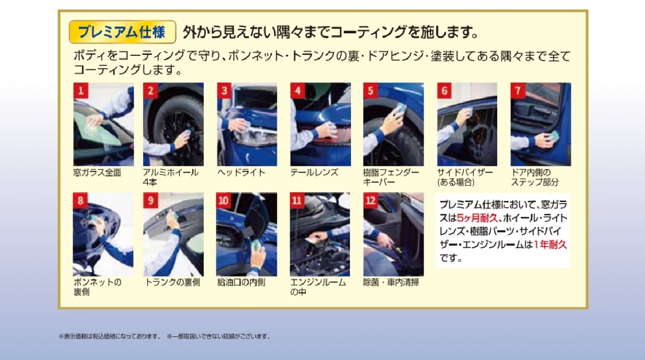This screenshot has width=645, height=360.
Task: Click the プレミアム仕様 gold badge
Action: tap(123, 32)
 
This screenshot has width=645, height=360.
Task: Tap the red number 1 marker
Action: tap(81, 91)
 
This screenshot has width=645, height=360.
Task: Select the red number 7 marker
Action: tap(518, 91)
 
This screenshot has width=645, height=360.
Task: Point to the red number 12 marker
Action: tap(370, 200)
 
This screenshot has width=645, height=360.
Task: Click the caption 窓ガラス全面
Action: tap(97, 172)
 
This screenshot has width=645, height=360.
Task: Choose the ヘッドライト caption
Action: tap(241, 172)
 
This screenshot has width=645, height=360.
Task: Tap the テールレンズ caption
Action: tap(314, 172)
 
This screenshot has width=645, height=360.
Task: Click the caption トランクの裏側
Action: tap(172, 282)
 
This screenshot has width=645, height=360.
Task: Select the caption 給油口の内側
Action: tap(241, 282)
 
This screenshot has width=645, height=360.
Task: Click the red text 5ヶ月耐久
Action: tap(477, 218)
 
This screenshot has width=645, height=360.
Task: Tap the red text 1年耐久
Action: tap(550, 244)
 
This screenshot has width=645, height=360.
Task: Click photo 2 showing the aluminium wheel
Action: tap(173, 124)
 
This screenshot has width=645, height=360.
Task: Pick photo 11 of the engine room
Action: tap(320, 234)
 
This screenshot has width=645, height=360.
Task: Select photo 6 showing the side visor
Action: tap(467, 124)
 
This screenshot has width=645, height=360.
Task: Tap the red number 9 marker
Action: tap(150, 200)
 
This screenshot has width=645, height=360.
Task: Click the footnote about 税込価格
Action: tap(110, 336)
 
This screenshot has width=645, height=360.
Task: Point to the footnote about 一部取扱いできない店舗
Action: tap(219, 336)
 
